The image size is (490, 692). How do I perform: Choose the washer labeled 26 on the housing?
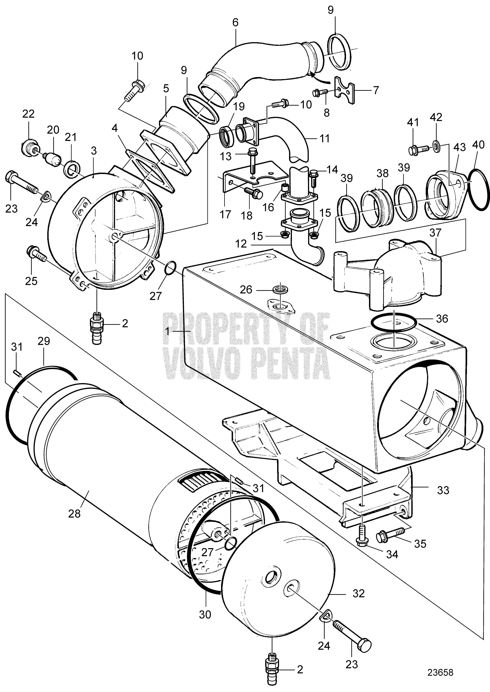coord(280,290)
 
